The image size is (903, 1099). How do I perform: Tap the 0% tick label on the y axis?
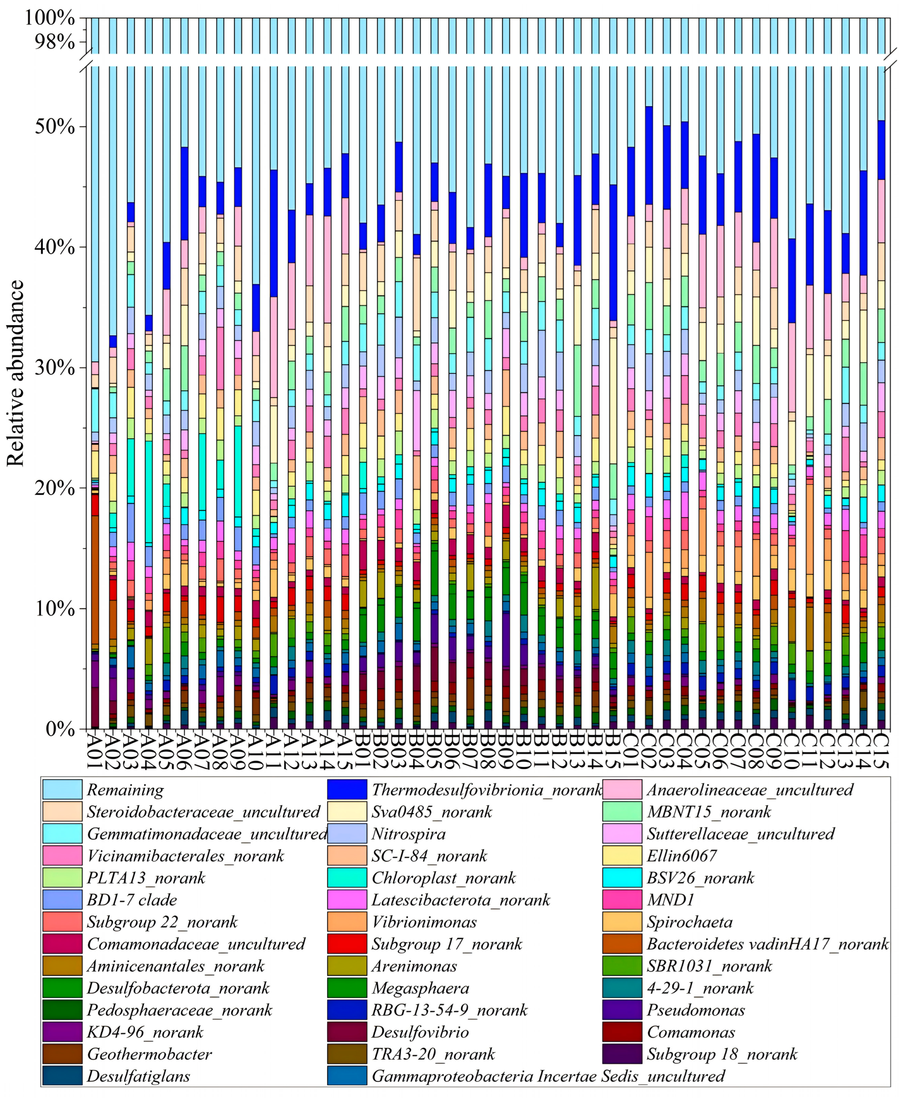(60, 728)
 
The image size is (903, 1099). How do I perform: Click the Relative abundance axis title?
(15, 373)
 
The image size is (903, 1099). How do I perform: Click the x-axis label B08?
(487, 750)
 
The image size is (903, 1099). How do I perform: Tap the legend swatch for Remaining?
(62, 789)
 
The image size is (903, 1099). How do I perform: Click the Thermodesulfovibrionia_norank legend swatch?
(347, 789)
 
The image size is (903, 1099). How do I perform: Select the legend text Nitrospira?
(408, 834)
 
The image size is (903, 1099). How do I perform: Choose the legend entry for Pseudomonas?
(696, 1010)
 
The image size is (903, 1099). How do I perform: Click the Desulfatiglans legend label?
(138, 1076)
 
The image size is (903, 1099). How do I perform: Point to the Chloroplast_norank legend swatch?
(347, 878)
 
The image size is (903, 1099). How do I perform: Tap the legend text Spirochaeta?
(689, 922)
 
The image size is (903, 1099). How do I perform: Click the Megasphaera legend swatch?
(347, 988)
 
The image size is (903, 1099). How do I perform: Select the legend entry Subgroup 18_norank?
(722, 1054)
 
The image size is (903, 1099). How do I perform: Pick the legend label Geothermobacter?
(149, 1054)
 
